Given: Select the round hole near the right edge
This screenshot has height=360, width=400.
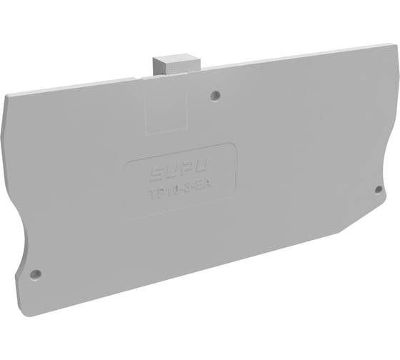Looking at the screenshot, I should [379, 189].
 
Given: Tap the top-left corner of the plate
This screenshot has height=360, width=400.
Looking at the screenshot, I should [13, 95].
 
